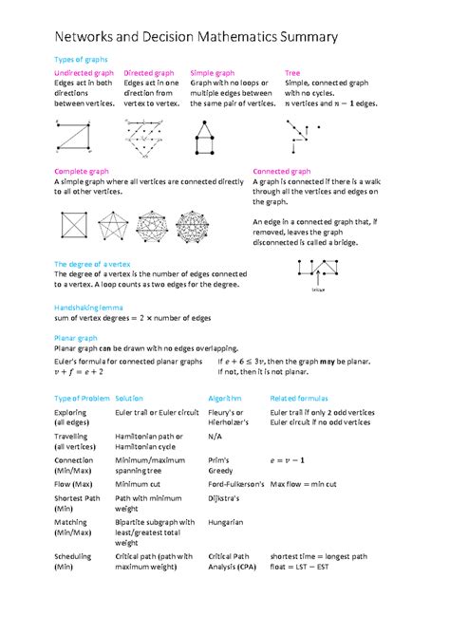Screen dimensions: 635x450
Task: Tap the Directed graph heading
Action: pos(149,73)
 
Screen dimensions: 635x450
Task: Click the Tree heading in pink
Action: pos(292,73)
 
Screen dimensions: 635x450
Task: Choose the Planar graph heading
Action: pos(76,337)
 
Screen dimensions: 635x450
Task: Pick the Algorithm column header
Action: pos(225,398)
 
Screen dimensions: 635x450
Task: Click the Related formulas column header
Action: pos(299,398)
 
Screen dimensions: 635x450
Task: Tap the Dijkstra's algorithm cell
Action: pos(223,496)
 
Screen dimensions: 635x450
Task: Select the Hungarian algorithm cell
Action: pos(225,521)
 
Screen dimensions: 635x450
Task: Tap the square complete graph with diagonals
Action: pos(73,226)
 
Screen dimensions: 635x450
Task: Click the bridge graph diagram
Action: pos(317,273)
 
